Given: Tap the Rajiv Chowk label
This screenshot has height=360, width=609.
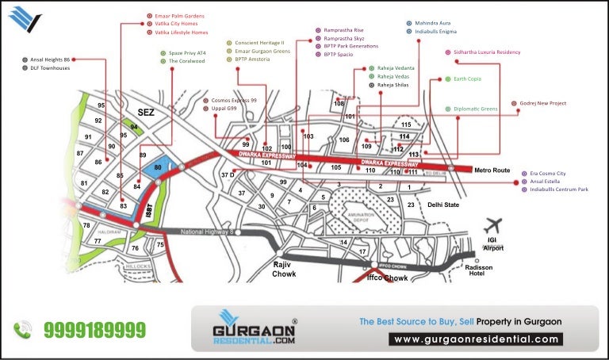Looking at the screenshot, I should click(x=284, y=269).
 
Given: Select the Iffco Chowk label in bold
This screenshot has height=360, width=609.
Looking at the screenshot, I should click(x=387, y=278).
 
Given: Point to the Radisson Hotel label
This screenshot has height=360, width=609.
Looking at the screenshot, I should click(x=481, y=271).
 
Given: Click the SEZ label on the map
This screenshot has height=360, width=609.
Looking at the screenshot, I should click(x=146, y=113).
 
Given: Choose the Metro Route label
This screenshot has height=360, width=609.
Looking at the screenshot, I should click(x=492, y=170).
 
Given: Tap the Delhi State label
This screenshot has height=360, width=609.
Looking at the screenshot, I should click(x=443, y=205).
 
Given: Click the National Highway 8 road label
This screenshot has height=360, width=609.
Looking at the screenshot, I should click(x=208, y=232).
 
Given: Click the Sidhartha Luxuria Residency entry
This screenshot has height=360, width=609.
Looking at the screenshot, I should click(x=486, y=52).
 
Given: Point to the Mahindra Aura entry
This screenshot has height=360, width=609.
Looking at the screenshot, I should click(x=433, y=23).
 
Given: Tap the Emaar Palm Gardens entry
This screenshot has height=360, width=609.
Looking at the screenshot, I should click(x=179, y=16).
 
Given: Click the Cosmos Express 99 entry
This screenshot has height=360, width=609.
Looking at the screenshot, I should click(x=234, y=101).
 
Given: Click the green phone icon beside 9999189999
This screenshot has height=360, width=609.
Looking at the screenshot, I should click(x=22, y=328).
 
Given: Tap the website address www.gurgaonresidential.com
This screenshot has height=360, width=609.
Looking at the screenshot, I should click(x=477, y=339).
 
